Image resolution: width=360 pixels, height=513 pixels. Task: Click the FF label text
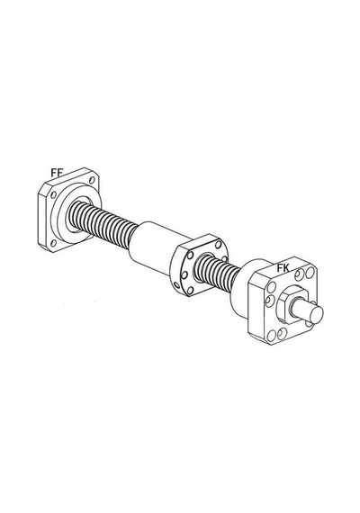coord(57,173)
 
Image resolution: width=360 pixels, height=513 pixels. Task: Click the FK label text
coord(283,268)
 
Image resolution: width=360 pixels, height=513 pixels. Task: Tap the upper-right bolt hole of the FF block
coord(92,180)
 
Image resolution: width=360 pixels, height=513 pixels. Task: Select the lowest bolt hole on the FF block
coord(53,243)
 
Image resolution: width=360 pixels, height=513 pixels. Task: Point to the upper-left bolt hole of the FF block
coord(53,194)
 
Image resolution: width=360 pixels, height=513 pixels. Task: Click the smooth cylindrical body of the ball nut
coord(154,246)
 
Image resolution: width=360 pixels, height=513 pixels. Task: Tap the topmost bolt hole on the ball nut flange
coord(218,245)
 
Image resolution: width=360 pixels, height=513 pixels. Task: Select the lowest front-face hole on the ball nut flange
coord(190,290)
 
